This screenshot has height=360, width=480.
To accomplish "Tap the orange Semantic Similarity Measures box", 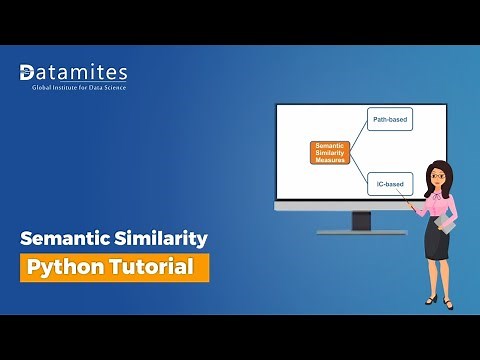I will [x=330, y=153].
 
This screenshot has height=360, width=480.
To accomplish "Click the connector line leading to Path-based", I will [x=358, y=133].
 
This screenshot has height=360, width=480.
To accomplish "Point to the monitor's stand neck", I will [x=361, y=220].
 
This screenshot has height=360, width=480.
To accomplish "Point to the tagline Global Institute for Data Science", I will [x=73, y=88].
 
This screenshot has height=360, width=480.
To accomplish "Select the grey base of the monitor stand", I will [x=361, y=232].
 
